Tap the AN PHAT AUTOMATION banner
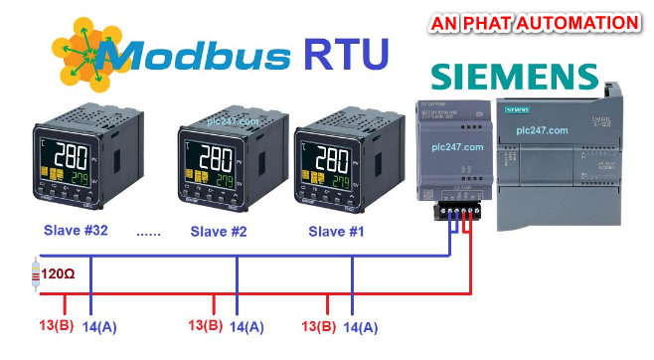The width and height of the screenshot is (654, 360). click(535, 22)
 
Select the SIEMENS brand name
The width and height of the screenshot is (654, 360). click(513, 78)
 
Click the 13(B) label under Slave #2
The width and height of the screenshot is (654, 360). click(205, 325)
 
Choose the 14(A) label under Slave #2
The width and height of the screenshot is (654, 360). click(246, 325)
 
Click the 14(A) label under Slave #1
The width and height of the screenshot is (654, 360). click(361, 325)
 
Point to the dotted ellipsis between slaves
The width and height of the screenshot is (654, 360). click(148, 234)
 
